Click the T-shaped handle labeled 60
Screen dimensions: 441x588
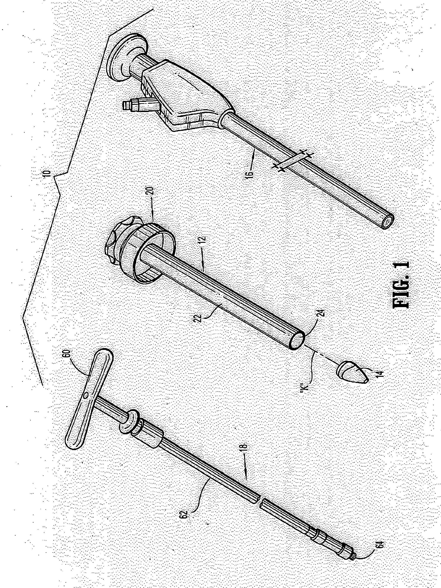coord(88,399)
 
